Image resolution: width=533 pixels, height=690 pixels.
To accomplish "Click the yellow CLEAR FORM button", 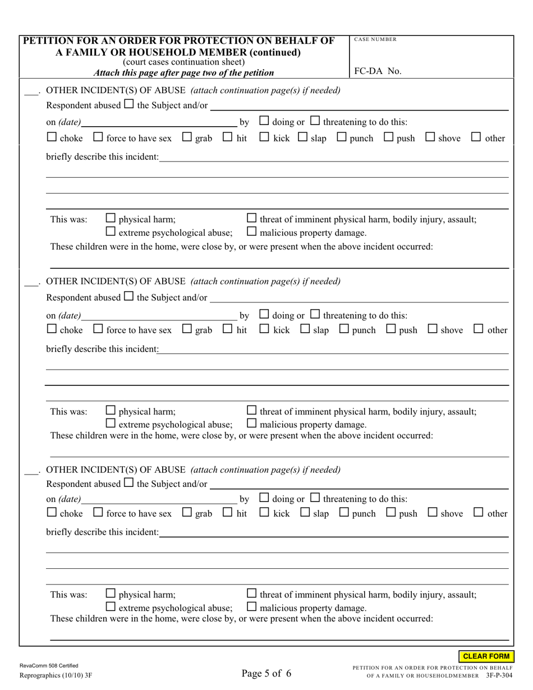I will click(486, 656).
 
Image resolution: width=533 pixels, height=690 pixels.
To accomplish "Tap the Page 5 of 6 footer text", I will click(266, 674).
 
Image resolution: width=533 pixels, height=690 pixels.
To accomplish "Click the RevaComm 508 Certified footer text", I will click(49, 665).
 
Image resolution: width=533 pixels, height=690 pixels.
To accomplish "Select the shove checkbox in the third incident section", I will click(433, 513).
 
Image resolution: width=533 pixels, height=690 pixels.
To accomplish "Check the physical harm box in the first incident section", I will click(111, 219).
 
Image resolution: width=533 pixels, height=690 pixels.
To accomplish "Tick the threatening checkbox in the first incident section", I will click(315, 121).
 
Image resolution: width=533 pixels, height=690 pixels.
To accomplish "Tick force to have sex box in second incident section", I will click(98, 330).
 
